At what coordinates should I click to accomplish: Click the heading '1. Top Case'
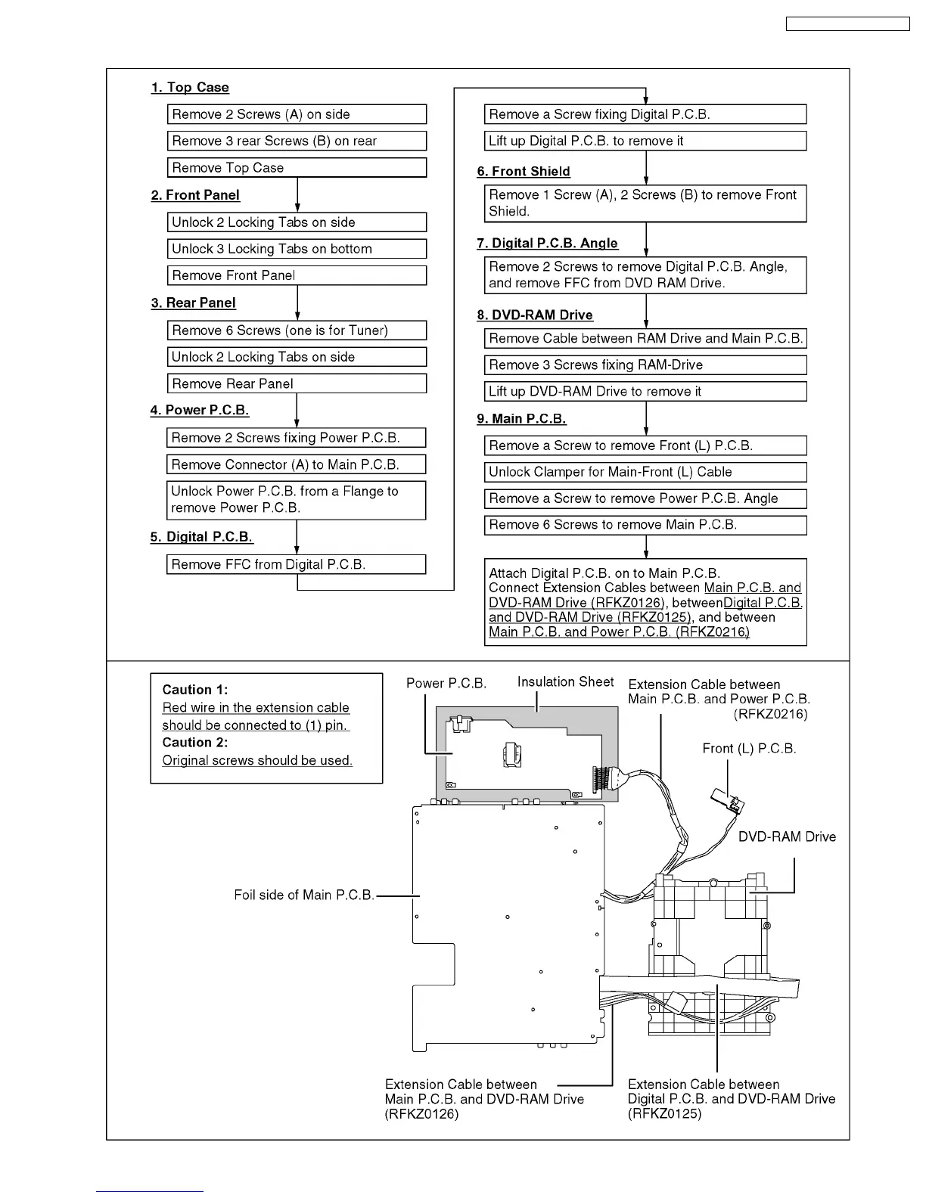190,88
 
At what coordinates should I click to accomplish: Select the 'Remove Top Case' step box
297,168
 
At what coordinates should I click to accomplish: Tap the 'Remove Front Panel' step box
297,276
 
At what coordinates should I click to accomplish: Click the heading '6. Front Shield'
524,172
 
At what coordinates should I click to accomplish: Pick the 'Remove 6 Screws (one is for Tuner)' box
297,331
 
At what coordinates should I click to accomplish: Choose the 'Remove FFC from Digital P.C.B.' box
296,565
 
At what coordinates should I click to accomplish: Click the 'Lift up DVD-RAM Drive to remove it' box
645,392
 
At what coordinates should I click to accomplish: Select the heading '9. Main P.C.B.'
521,419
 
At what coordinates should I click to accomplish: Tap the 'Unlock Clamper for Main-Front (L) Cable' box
645,472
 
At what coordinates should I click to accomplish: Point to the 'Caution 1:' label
195,690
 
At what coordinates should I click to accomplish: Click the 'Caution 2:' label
195,743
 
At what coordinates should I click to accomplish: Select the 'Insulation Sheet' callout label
565,682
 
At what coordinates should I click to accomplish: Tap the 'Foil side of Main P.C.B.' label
304,895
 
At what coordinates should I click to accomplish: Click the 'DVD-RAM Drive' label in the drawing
787,837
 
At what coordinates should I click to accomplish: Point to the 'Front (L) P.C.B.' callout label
749,749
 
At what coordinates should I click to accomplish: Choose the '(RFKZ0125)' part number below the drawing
664,1114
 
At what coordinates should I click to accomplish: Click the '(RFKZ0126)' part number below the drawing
421,1114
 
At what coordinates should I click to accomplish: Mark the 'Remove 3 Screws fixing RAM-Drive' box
645,365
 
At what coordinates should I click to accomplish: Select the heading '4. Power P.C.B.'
200,411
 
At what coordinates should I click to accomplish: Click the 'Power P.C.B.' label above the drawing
446,684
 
